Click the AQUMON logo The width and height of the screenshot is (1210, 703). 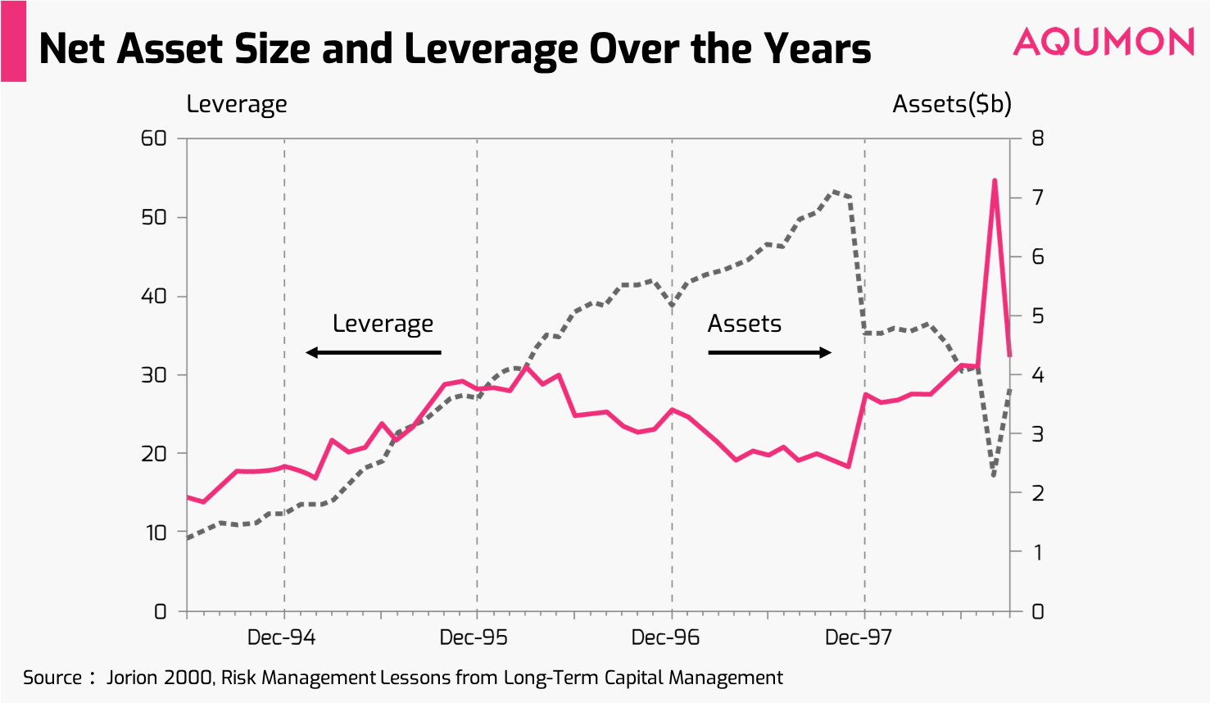coord(1104,42)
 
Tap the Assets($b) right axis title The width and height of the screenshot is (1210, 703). coord(952,104)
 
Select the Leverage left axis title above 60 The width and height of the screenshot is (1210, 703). coord(237,105)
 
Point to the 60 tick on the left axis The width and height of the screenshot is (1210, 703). coord(154,138)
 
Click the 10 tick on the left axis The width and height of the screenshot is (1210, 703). coord(156,533)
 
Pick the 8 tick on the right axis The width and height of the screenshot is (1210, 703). coord(1037,138)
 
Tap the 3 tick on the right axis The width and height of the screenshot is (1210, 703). coord(1037,434)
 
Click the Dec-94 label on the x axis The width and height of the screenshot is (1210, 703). coord(281,637)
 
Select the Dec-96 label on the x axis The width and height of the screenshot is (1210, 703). coord(665,637)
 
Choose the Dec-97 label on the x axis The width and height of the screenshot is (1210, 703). coord(858,637)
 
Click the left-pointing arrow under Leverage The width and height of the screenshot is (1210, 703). coord(374,352)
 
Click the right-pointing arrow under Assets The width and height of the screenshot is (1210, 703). coord(769,352)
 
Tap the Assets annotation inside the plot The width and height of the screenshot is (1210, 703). coord(744,324)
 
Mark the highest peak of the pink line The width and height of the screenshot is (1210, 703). coord(995,180)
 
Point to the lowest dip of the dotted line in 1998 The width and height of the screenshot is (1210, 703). coord(994,475)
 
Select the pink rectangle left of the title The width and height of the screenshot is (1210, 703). coord(13,41)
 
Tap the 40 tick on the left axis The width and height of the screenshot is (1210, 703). coord(154,296)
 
